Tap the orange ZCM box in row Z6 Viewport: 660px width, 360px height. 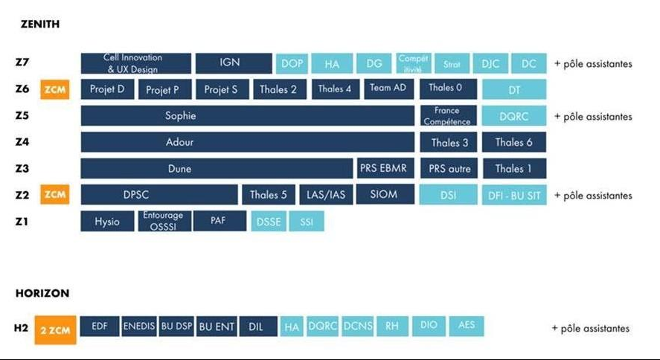coord(55,89)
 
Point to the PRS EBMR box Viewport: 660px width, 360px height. coord(383,168)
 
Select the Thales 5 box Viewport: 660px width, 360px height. coord(268,195)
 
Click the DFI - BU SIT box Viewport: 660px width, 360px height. coord(514,195)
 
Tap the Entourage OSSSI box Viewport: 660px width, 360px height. coord(164,221)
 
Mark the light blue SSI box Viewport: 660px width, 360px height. coord(307,221)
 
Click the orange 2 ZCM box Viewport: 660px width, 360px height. coord(55,329)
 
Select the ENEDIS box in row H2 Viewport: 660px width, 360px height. coord(138,326)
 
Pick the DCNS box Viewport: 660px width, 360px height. coord(358,326)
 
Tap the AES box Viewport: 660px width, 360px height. coord(467,326)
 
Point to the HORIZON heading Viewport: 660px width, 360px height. coord(42,294)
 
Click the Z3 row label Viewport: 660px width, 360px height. coord(22,169)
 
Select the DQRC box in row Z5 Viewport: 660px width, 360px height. coord(514,116)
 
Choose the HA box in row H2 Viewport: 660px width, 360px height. coord(292,326)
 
